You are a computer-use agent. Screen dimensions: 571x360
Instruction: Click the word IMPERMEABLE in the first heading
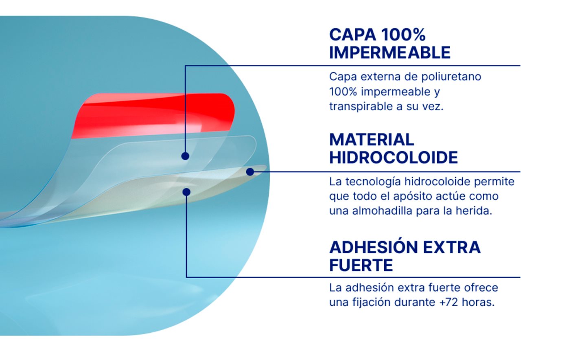[390, 53]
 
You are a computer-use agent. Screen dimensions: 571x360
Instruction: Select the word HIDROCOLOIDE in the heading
[393, 158]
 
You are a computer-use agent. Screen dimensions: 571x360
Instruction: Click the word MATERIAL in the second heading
[372, 140]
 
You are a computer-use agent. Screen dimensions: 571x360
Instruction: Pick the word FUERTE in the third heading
[361, 265]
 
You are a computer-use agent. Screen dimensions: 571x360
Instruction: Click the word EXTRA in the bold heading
[451, 247]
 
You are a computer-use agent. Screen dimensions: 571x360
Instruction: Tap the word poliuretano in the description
[451, 77]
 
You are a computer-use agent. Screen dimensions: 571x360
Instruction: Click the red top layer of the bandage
[153, 115]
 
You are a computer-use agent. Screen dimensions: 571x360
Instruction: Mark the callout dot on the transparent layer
[185, 156]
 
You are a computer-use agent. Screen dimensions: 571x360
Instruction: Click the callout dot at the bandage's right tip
[250, 172]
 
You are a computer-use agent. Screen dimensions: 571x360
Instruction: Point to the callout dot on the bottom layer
[186, 192]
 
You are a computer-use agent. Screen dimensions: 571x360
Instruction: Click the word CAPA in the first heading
[353, 35]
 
